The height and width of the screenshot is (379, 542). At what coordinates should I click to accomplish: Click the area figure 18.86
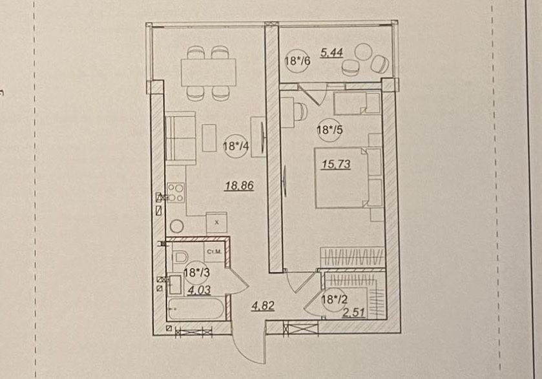click(240, 185)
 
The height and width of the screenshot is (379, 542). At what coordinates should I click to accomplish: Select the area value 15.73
click(336, 164)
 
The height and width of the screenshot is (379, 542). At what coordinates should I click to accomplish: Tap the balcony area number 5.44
click(331, 53)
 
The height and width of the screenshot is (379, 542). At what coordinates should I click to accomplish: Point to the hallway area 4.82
click(264, 305)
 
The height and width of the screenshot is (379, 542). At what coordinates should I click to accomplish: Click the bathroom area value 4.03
click(199, 290)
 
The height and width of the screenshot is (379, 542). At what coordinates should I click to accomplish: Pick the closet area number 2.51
click(353, 312)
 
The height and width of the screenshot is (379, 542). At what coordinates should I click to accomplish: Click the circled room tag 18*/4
click(236, 146)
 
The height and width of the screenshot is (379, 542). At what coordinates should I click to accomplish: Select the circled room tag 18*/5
click(329, 130)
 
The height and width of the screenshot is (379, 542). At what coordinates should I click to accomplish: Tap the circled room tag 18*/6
click(298, 61)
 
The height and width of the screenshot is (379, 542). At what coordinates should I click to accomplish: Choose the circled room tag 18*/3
click(197, 272)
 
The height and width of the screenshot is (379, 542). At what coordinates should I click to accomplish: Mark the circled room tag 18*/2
click(334, 299)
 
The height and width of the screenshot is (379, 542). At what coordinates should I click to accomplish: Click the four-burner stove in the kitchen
click(176, 193)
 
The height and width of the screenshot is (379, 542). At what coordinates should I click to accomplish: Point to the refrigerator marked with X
click(216, 223)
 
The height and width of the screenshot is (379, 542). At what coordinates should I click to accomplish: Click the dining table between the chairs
click(209, 72)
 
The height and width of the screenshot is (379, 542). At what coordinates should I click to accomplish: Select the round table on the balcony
click(363, 52)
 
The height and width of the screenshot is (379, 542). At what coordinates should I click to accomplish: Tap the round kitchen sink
click(176, 227)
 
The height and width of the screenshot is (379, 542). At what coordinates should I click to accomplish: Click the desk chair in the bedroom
click(301, 111)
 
